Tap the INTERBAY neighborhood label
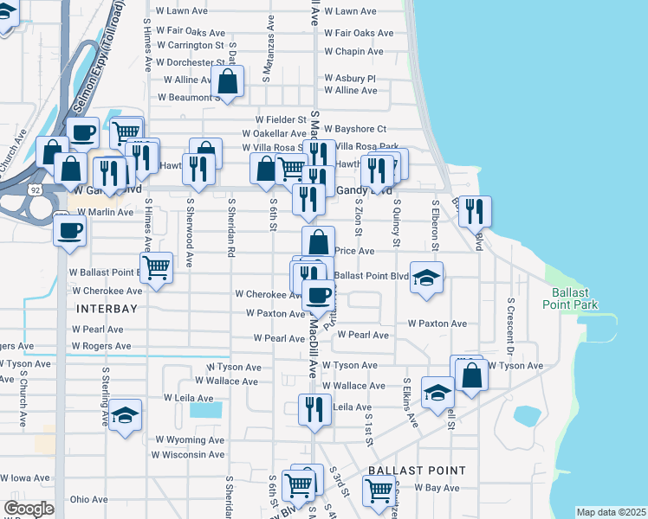[106, 308]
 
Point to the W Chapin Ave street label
[353, 52]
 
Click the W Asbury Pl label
[350, 78]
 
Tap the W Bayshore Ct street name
[357, 129]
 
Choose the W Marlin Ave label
[102, 212]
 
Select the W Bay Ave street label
[437, 488]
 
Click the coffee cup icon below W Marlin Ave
[70, 230]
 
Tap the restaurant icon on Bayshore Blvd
[474, 211]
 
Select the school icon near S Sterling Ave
[126, 416]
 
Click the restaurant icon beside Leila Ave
[314, 408]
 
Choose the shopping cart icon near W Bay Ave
[379, 490]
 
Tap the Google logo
[29, 509]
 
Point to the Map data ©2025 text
[611, 512]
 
